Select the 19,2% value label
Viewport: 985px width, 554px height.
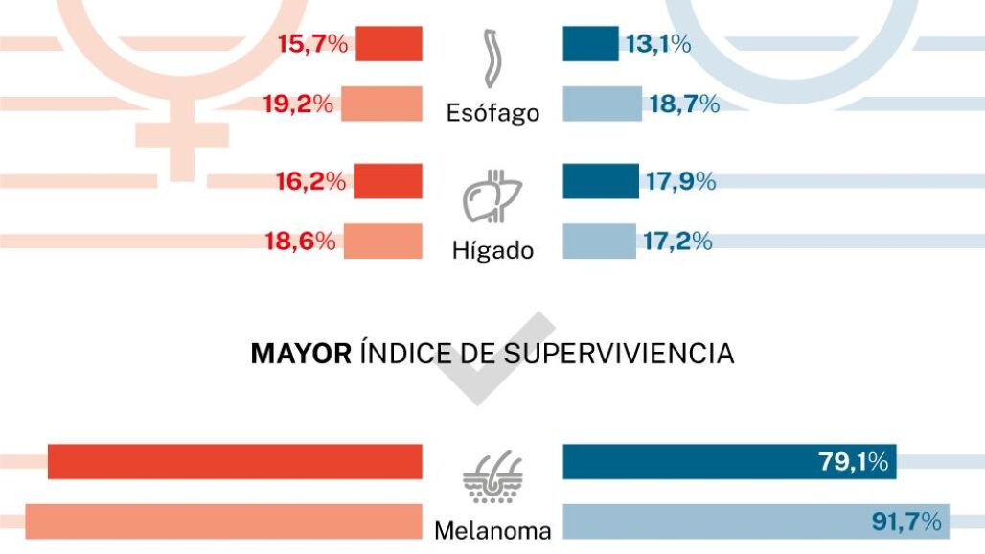point(299,104)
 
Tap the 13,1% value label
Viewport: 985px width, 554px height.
point(658,43)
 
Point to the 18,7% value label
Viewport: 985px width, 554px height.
point(684,104)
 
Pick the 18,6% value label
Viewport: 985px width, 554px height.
point(300,241)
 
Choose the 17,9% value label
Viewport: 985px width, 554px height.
point(678,180)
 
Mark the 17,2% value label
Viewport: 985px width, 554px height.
point(677,241)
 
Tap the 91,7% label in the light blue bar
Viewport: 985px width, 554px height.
point(905,521)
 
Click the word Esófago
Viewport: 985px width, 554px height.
point(492,113)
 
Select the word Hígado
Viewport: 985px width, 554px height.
point(492,251)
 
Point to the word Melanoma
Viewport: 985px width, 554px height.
point(492,530)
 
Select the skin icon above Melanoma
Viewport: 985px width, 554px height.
point(492,476)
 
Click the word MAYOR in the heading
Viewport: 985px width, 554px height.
point(301,355)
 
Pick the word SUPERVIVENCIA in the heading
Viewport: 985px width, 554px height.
point(619,355)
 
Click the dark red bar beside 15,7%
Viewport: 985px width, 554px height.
point(389,44)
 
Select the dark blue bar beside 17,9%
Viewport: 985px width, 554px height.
point(601,181)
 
